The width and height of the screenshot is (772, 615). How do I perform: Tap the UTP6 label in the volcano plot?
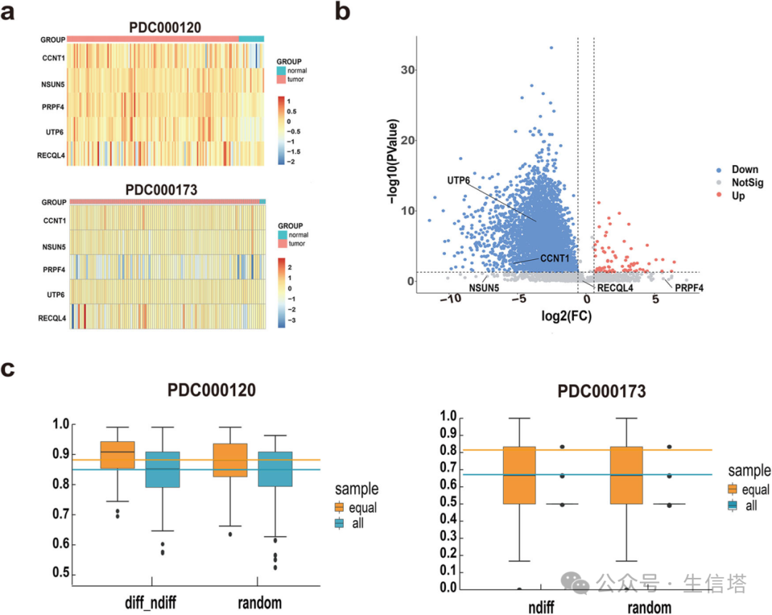458,181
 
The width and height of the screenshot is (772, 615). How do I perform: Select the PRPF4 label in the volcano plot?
689,289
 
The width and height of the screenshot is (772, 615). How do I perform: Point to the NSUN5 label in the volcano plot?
484,289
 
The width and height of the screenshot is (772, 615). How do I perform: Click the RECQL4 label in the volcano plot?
615,289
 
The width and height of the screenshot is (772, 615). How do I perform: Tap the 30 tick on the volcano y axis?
407,70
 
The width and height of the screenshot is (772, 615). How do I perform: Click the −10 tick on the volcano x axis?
450,301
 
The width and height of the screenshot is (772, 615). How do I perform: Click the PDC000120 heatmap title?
165,28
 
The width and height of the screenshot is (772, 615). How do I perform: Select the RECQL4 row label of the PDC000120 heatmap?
51,154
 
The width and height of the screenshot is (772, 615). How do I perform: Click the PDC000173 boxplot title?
602,391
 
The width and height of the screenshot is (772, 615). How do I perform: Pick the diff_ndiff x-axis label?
151,603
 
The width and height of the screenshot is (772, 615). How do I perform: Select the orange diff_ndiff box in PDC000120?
117,455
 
